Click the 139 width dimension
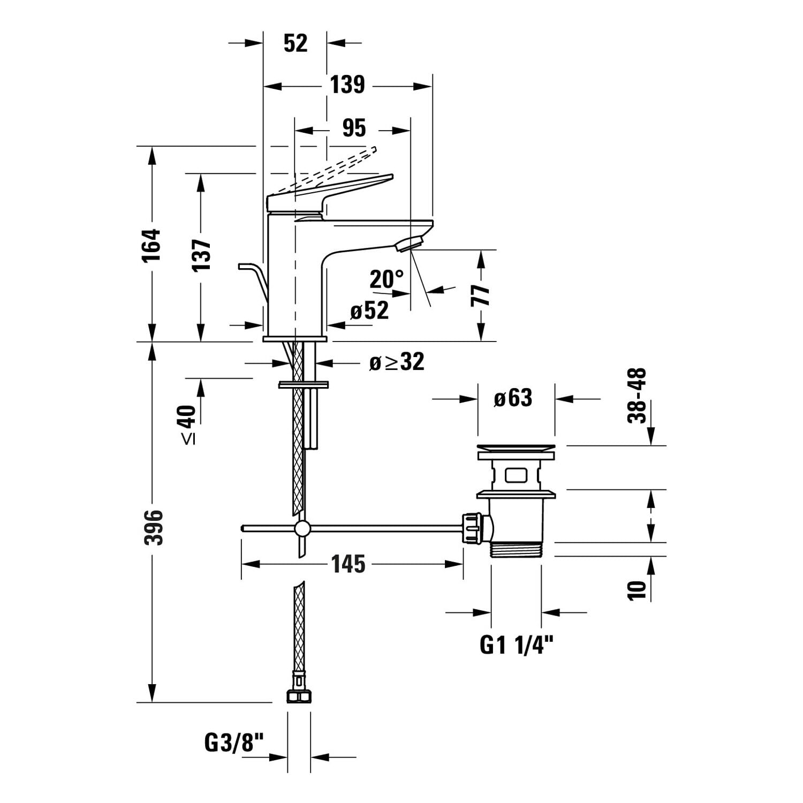tap(347, 85)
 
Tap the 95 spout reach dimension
tap(354, 128)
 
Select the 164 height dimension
tap(151, 245)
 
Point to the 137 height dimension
tap(202, 254)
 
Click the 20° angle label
tap(387, 279)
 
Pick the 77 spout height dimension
tap(481, 295)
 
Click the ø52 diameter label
tap(369, 310)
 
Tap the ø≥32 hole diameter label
tap(397, 362)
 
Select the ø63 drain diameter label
tap(513, 398)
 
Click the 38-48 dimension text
tap(637, 396)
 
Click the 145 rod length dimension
tap(348, 564)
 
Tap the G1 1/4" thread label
tap(516, 645)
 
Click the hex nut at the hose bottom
tap(299, 695)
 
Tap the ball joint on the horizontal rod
tap(302, 528)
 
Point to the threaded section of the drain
tap(516, 550)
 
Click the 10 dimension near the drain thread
tap(637, 589)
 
